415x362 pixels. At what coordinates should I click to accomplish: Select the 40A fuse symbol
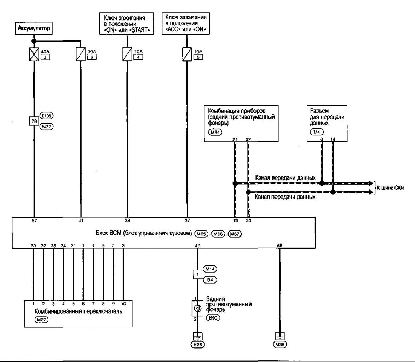pos(34,55)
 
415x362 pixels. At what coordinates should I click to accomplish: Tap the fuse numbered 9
pos(81,55)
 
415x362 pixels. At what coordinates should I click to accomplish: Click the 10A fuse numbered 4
pos(126,55)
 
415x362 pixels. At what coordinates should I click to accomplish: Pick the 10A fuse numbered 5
pos(186,55)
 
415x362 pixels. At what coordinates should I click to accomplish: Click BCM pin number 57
pos(34,221)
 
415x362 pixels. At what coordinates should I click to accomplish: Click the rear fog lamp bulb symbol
pos(197,309)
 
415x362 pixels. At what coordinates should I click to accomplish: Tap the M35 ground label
pos(280,343)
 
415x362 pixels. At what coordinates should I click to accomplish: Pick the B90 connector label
pos(213,318)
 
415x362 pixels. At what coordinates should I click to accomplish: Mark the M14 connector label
pos(211,269)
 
